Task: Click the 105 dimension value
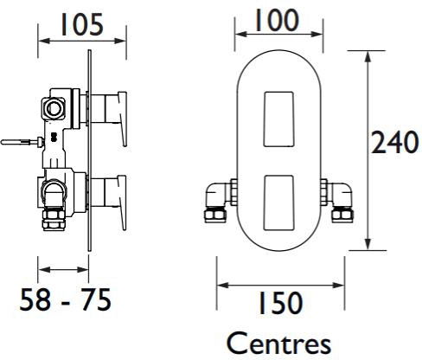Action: [x=81, y=25]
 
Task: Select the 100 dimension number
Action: [x=277, y=20]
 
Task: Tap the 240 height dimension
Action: [x=394, y=142]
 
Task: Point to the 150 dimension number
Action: [x=280, y=303]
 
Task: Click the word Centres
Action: [x=278, y=344]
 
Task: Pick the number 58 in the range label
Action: [x=35, y=299]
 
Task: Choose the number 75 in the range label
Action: [x=96, y=299]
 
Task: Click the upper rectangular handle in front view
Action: [x=278, y=119]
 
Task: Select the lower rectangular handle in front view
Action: [x=278, y=202]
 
